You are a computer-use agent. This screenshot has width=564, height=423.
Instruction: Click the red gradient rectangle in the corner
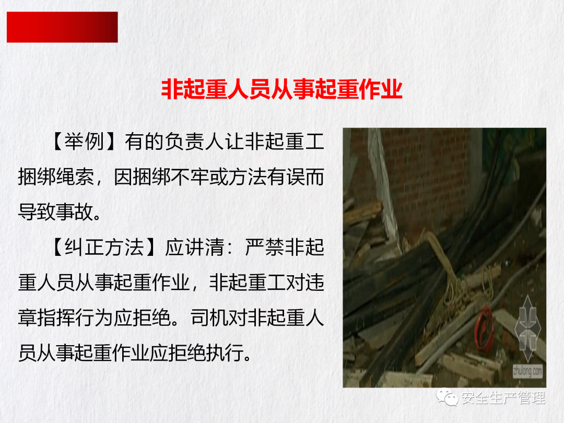[62, 27]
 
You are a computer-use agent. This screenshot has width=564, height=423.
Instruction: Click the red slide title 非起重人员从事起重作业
[281, 89]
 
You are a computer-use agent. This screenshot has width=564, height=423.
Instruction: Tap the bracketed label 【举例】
[84, 141]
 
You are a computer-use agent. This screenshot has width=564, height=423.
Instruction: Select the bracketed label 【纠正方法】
[104, 247]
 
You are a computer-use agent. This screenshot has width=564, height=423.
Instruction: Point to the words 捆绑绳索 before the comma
[56, 177]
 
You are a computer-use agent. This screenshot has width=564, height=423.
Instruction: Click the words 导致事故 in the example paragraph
[56, 212]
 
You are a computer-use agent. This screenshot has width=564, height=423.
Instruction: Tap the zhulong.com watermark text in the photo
[527, 370]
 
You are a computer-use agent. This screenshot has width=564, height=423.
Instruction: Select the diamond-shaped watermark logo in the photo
[527, 328]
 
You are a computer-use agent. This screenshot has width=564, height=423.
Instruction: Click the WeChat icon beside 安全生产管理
[447, 397]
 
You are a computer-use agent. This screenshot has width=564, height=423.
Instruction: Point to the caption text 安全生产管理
[503, 398]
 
